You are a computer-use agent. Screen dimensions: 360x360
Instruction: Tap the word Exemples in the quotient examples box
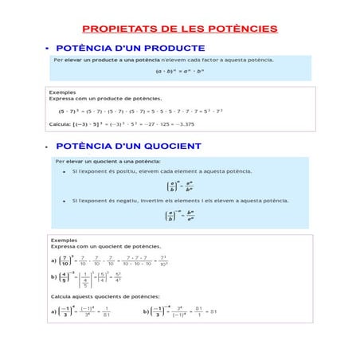pyautogui.click(x=64, y=239)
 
